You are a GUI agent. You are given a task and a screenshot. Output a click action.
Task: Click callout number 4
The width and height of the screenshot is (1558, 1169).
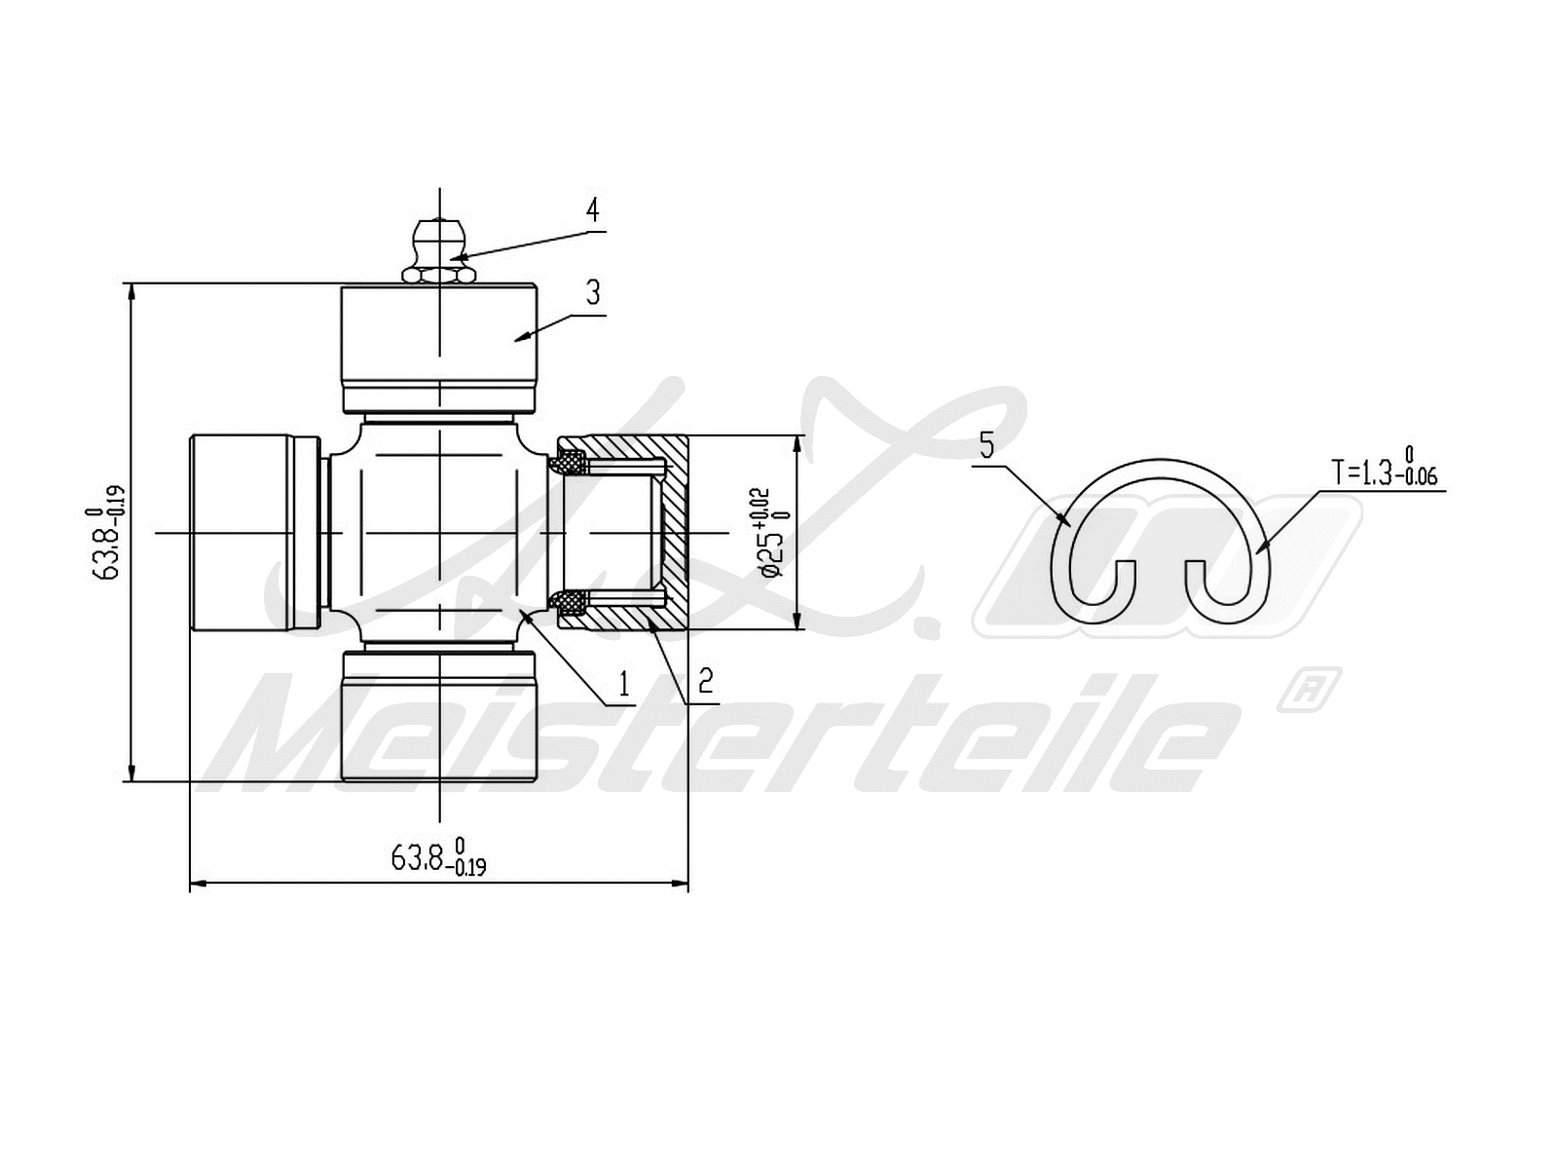click(591, 210)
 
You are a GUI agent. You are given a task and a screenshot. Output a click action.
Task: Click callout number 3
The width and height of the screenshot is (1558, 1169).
click(593, 292)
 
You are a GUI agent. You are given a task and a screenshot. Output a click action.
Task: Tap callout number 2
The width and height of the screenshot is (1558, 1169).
click(706, 679)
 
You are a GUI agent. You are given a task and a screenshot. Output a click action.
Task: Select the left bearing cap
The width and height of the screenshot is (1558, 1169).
click(243, 533)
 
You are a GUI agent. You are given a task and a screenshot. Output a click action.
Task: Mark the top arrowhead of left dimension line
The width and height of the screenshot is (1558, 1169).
click(131, 290)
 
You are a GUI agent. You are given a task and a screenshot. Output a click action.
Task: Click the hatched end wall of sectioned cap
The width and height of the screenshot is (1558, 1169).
click(677, 533)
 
